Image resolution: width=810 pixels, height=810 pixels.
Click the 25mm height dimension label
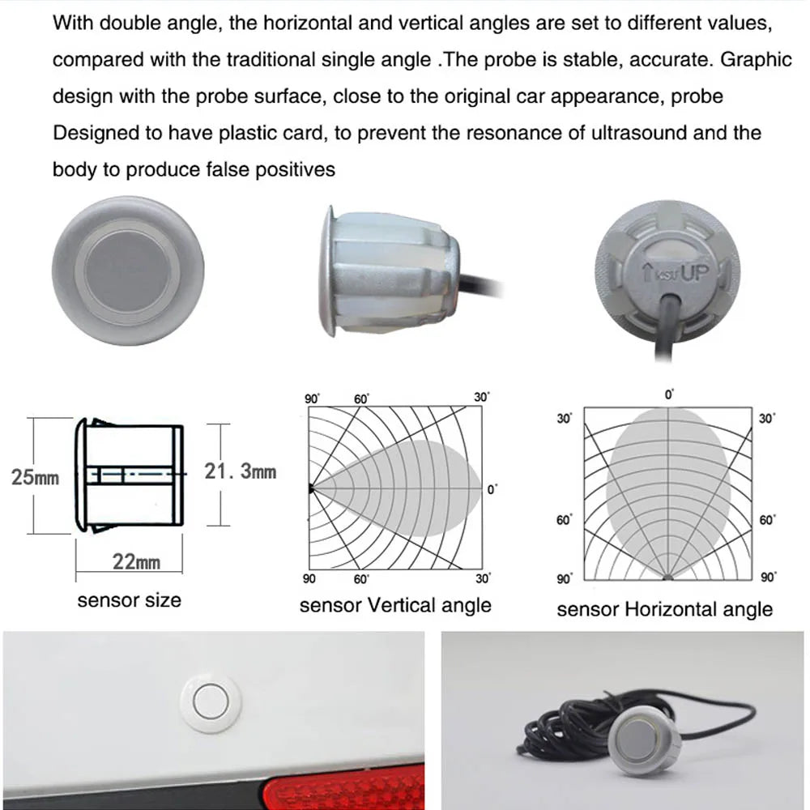tap(35, 476)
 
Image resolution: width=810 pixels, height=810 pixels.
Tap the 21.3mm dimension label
tap(240, 471)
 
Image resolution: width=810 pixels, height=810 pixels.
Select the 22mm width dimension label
tap(136, 561)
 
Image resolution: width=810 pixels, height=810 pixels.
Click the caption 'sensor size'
tap(129, 600)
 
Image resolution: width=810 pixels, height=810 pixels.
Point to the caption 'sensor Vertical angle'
tap(395, 605)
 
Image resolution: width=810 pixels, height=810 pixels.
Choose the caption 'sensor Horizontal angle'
tap(664, 609)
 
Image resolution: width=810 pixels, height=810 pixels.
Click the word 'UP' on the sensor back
tap(694, 272)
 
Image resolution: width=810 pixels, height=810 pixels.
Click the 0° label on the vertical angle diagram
tap(491, 489)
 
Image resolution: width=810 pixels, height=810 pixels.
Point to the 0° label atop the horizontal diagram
tap(669, 395)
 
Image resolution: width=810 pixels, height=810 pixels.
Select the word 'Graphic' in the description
tap(756, 59)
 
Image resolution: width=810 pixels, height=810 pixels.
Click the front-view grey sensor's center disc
tap(128, 269)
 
